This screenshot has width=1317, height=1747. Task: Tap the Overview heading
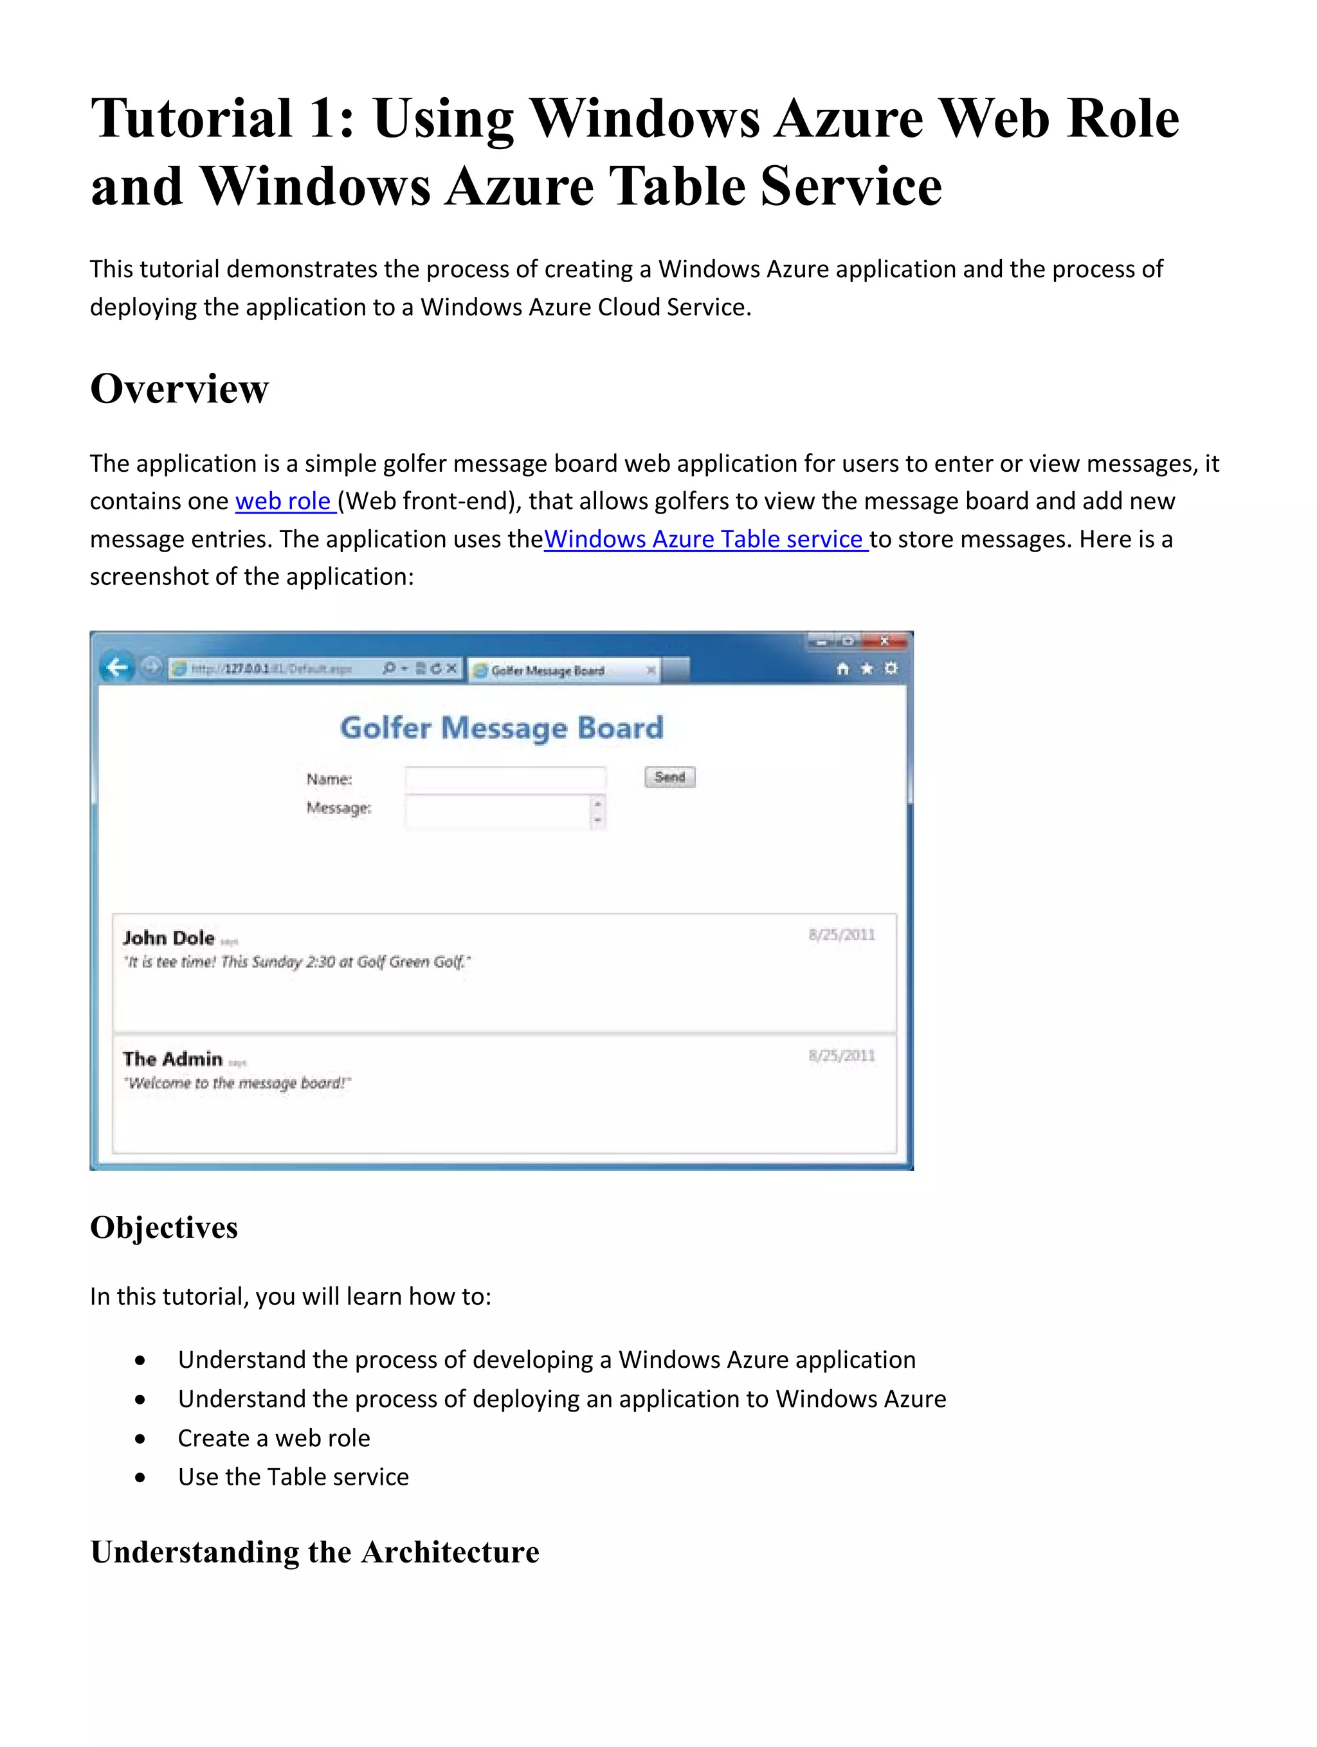pyautogui.click(x=179, y=389)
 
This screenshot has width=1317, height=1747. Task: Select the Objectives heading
pyautogui.click(x=163, y=1227)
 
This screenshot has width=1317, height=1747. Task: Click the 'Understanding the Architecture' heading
pyautogui.click(x=314, y=1552)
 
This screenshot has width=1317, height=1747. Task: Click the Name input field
pyautogui.click(x=505, y=779)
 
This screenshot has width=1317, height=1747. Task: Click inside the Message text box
pyautogui.click(x=498, y=812)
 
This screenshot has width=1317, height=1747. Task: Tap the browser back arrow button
pyautogui.click(x=117, y=668)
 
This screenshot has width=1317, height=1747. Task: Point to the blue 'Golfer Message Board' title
pyautogui.click(x=502, y=728)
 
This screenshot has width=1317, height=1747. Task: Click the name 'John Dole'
pyautogui.click(x=168, y=938)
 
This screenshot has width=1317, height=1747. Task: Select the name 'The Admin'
pyautogui.click(x=172, y=1059)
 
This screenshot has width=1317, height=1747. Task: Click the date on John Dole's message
pyautogui.click(x=841, y=935)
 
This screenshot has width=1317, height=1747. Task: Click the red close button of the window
pyautogui.click(x=886, y=641)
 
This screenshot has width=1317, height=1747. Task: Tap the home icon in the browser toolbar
pyautogui.click(x=842, y=669)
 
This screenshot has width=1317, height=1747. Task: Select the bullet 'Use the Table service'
pyautogui.click(x=293, y=1477)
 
